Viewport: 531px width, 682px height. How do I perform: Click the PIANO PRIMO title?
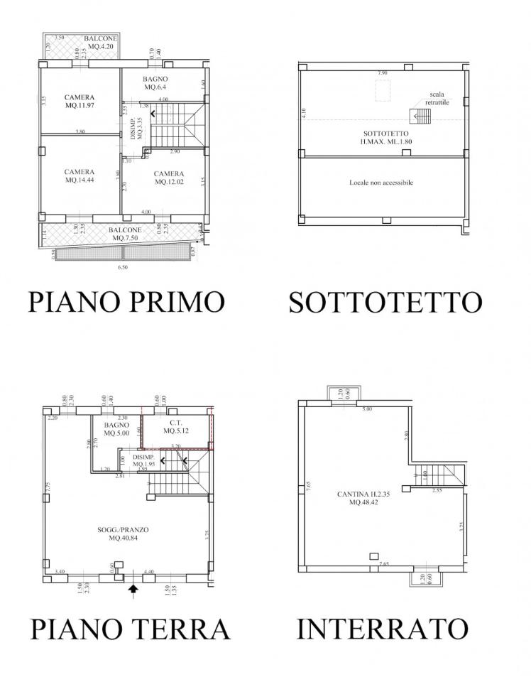[126, 302]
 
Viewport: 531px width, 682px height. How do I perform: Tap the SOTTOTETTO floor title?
[385, 302]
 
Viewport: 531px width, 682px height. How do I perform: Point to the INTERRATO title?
[382, 629]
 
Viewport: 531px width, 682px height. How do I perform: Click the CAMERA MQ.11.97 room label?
[80, 102]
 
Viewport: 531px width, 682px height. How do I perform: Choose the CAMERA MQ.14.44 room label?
[80, 175]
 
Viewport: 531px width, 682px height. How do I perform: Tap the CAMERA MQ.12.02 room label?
[169, 178]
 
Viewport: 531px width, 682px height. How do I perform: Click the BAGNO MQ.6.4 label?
[155, 83]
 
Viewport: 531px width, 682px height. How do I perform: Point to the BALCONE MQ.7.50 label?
[125, 234]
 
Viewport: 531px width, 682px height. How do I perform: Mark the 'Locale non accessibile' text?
[381, 183]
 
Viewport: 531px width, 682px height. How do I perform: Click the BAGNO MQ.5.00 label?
[115, 428]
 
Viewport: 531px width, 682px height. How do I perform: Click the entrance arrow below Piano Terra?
[132, 590]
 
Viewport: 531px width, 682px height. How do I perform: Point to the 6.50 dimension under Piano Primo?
[122, 267]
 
